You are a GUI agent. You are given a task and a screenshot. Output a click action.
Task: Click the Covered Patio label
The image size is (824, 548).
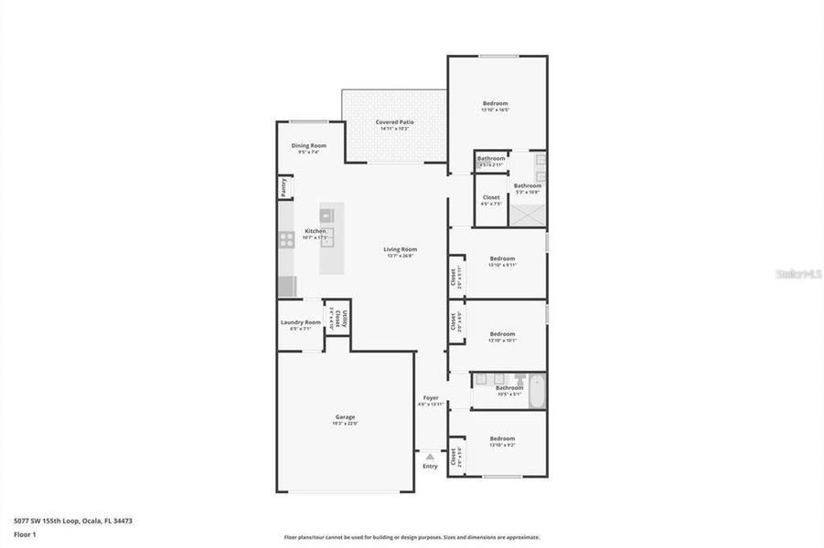394,121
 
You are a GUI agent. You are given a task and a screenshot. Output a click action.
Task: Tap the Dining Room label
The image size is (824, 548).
308,146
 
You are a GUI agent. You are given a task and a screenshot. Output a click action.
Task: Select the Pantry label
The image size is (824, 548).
284,187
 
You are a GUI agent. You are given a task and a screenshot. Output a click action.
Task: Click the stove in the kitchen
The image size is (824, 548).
286,240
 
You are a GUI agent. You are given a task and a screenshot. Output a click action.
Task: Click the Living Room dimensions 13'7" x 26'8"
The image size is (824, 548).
400,256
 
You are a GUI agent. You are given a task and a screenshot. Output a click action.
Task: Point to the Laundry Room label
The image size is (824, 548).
300,321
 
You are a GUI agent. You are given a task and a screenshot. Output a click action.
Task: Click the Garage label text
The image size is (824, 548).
344,416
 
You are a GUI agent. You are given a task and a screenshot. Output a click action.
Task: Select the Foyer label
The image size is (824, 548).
430,397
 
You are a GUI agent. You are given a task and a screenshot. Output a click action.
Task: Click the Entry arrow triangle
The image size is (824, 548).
430,455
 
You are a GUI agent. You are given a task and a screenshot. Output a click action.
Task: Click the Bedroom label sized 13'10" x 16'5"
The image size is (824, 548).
495,103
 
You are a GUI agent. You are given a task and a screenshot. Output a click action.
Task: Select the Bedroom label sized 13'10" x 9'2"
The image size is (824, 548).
502,437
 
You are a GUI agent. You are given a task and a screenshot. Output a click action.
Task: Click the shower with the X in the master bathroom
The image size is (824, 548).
527,215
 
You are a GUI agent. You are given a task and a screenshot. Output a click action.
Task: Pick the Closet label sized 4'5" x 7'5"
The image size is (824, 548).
491,197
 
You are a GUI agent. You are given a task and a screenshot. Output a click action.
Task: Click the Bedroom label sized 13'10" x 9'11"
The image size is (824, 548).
502,258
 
